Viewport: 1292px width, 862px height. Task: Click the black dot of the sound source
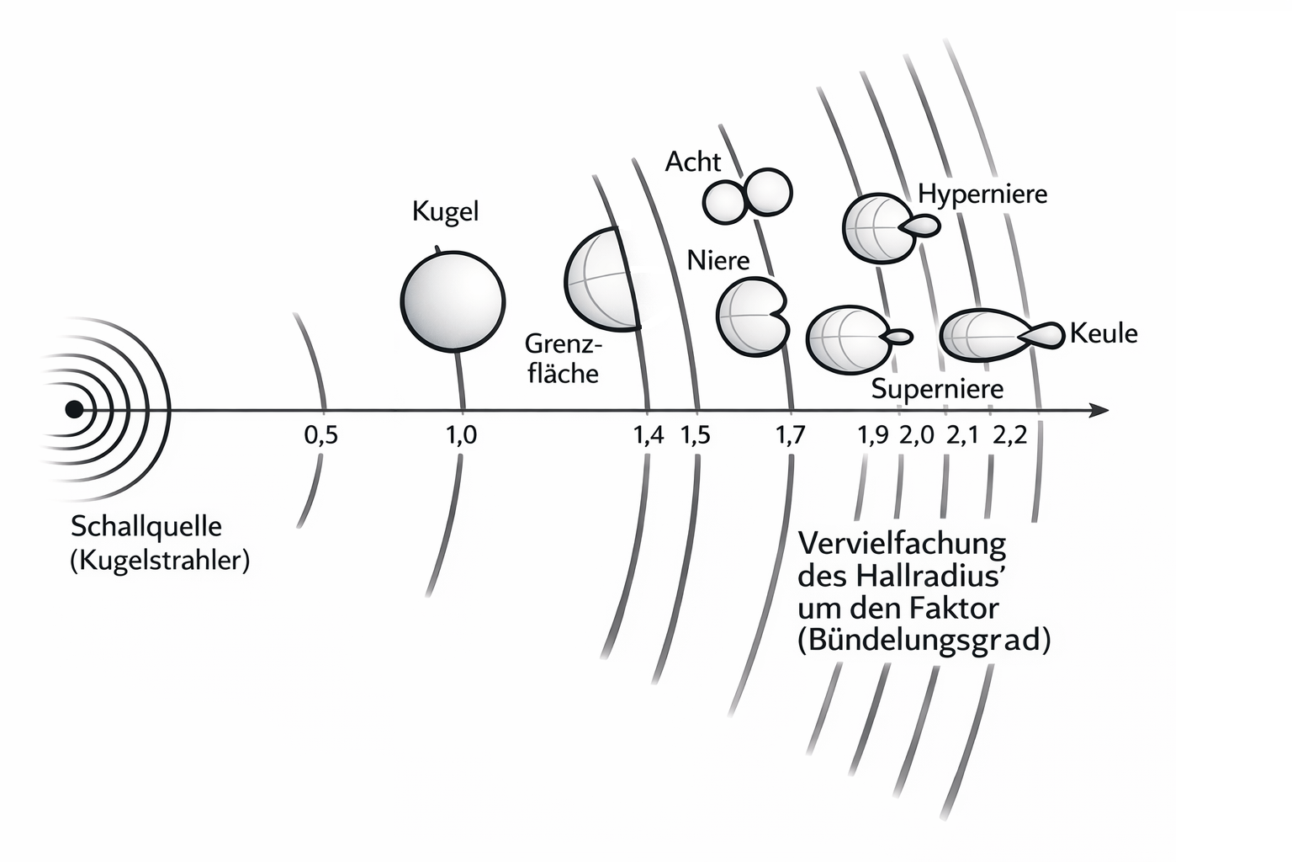click(74, 409)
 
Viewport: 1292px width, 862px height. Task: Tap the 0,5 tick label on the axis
click(320, 435)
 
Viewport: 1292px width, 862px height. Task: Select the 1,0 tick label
click(461, 435)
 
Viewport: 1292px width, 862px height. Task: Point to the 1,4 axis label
click(647, 435)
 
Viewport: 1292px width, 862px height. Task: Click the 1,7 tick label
click(790, 435)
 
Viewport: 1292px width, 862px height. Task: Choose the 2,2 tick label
click(1009, 435)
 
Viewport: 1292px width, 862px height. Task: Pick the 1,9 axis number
click(873, 435)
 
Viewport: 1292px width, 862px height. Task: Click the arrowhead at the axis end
click(1099, 410)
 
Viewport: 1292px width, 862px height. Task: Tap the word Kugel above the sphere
click(445, 211)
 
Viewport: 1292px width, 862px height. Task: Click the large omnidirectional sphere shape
click(453, 299)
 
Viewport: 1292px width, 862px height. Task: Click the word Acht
click(692, 162)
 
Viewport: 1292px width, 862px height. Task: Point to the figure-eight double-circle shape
click(747, 196)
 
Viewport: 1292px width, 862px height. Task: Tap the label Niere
click(717, 260)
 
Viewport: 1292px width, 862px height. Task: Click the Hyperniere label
click(982, 194)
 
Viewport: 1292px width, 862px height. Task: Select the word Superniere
click(937, 389)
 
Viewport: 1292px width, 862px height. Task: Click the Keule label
click(1104, 333)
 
